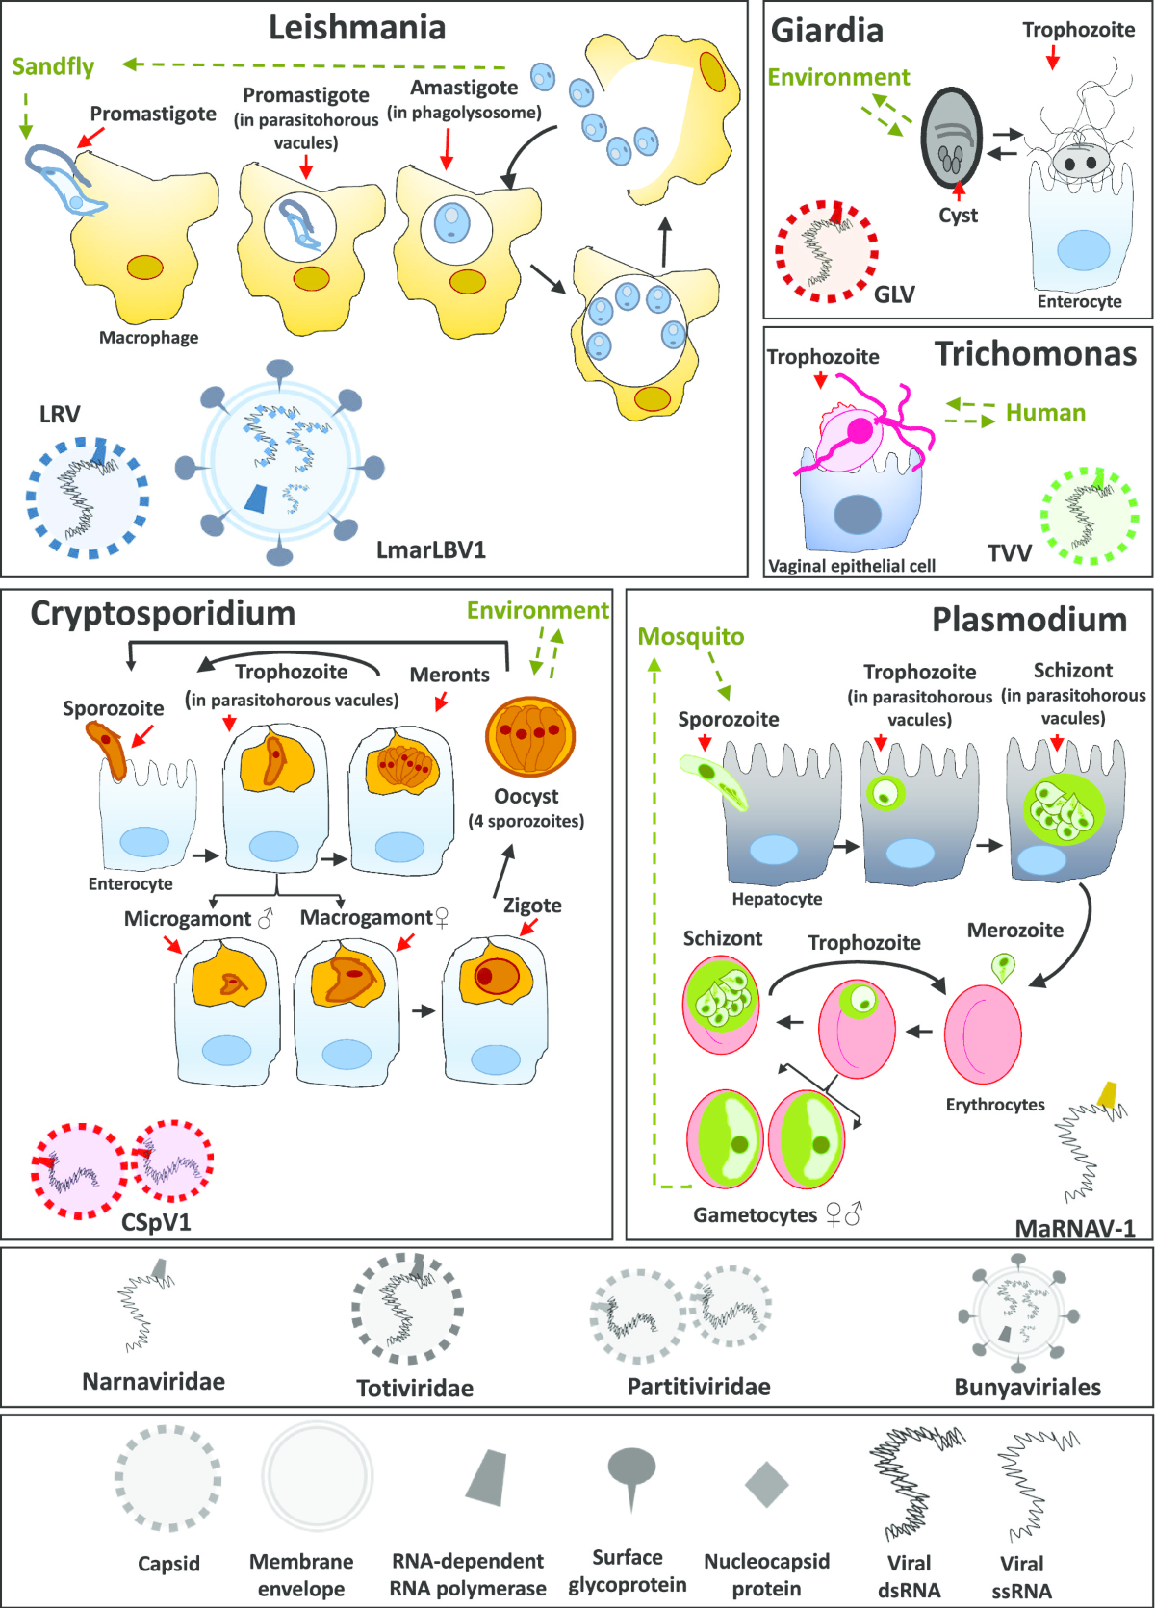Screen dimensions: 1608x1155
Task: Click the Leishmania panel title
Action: [357, 28]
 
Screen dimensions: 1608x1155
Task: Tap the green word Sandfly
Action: [53, 66]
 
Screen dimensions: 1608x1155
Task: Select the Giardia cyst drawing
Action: [951, 140]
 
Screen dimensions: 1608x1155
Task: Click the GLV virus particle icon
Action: [827, 251]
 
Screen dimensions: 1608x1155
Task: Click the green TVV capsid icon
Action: [1090, 516]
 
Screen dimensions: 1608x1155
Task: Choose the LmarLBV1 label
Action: [431, 550]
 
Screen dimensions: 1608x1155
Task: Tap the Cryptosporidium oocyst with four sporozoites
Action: [530, 737]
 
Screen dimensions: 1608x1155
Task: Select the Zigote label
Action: [532, 906]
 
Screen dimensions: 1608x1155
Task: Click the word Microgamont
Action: [188, 919]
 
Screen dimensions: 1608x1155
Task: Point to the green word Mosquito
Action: [691, 637]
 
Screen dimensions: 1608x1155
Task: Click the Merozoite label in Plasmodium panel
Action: [1015, 931]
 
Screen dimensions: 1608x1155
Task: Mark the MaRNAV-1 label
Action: [1075, 1229]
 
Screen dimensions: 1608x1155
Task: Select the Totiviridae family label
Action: [415, 1389]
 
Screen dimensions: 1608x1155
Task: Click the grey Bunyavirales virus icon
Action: [1018, 1313]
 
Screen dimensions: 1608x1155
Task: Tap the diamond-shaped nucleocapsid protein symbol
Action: [766, 1484]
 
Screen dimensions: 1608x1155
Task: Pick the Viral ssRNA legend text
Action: [1021, 1577]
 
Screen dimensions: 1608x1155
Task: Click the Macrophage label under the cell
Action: [149, 338]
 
